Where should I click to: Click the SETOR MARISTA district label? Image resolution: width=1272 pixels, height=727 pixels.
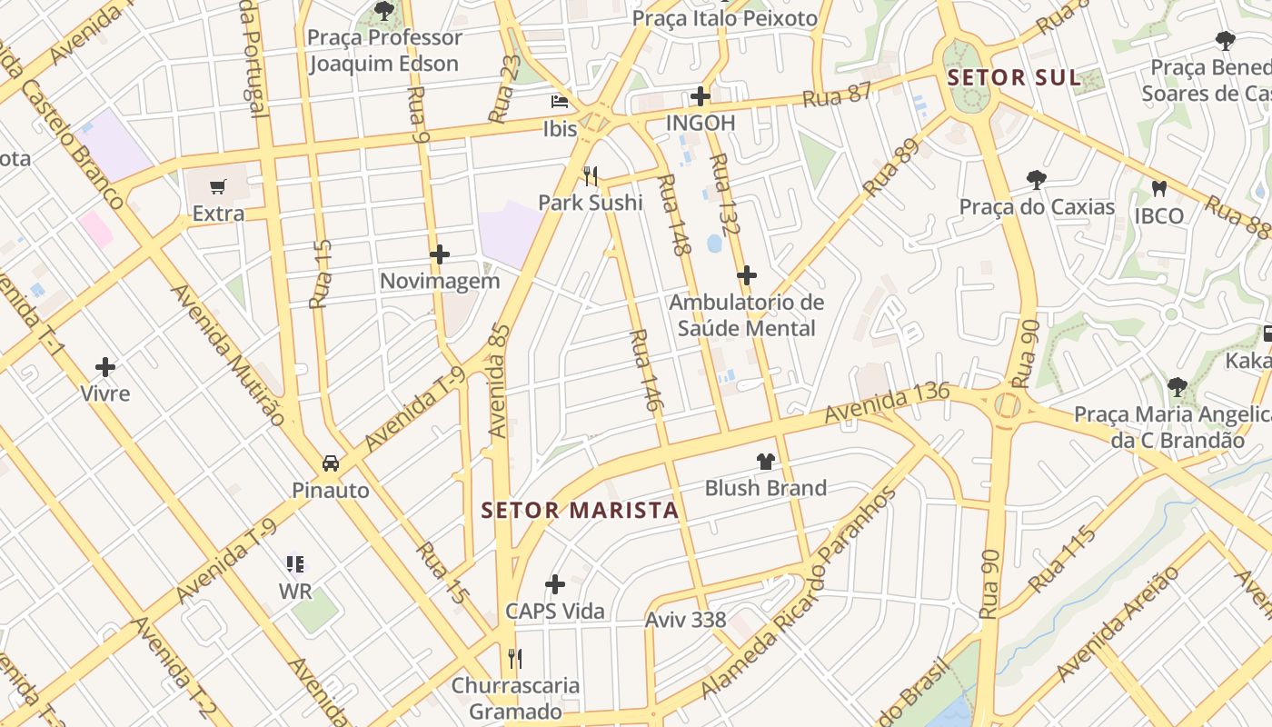coord(581,510)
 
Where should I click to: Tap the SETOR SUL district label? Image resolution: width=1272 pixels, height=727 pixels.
coord(1014,77)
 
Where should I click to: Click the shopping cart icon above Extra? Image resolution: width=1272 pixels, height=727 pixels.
coord(217,187)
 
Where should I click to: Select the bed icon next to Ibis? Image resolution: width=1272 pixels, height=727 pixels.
coord(560,102)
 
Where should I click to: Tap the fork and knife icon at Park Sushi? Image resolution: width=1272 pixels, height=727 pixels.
coord(591,174)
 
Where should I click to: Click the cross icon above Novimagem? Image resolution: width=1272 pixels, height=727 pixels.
coord(440,254)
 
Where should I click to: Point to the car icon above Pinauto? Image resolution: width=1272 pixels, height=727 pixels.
coord(331,463)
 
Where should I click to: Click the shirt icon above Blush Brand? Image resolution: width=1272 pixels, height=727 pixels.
coord(766,462)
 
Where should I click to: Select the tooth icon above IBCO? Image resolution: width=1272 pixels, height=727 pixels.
coord(1158,189)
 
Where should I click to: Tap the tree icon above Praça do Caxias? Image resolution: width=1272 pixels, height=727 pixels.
coord(1037,179)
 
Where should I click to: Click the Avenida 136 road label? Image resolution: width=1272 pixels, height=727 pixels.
coord(887,403)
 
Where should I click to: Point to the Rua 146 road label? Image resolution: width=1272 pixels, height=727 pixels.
coord(643,371)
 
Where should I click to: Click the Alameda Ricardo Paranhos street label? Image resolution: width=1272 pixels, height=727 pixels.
coord(800,593)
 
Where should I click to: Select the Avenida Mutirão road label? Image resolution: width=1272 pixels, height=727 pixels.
coord(228,355)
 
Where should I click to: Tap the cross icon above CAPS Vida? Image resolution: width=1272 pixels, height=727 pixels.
coord(555,583)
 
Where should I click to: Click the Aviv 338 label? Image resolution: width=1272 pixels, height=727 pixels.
coord(685,620)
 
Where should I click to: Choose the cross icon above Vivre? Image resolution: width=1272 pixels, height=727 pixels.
coord(105,367)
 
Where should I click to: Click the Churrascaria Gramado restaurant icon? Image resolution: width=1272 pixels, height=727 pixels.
coord(515,658)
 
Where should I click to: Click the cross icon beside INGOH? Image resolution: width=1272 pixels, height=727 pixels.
coord(700,95)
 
